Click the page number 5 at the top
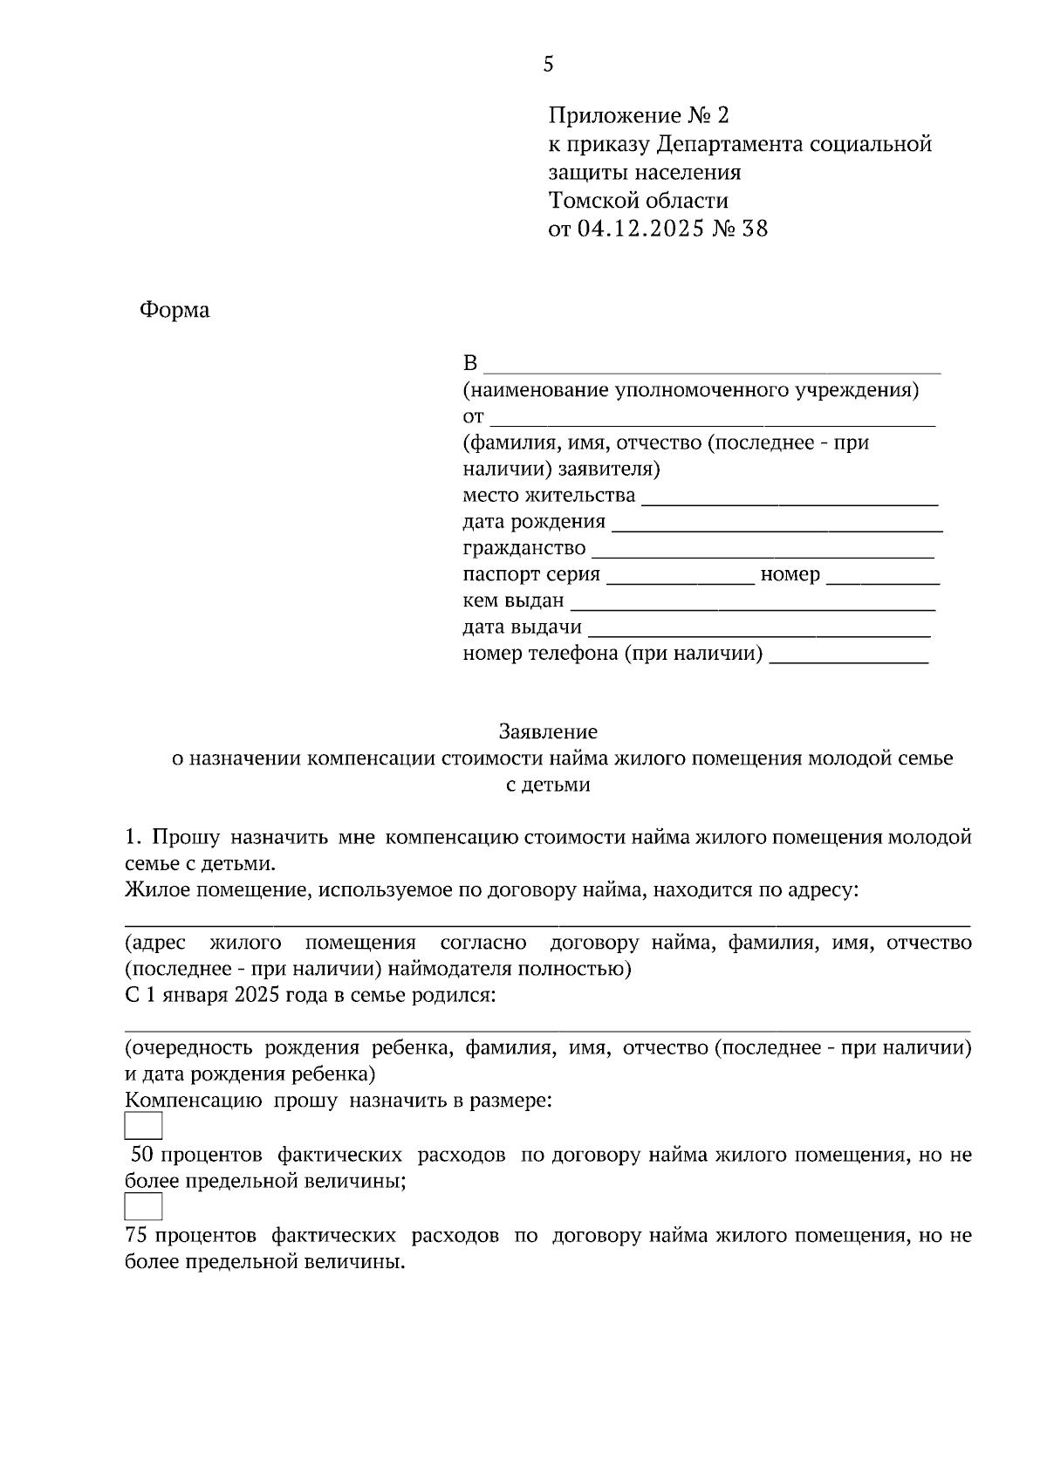click(x=548, y=64)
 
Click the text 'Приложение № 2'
click(x=637, y=115)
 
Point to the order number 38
click(x=755, y=230)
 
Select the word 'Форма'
click(x=174, y=311)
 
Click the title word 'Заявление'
click(x=548, y=731)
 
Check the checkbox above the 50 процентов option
click(x=143, y=1126)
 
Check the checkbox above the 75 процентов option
click(x=143, y=1206)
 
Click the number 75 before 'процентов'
click(x=135, y=1236)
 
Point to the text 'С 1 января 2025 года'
click(x=227, y=996)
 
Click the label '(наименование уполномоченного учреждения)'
click(x=690, y=390)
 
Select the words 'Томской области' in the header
click(x=638, y=201)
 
